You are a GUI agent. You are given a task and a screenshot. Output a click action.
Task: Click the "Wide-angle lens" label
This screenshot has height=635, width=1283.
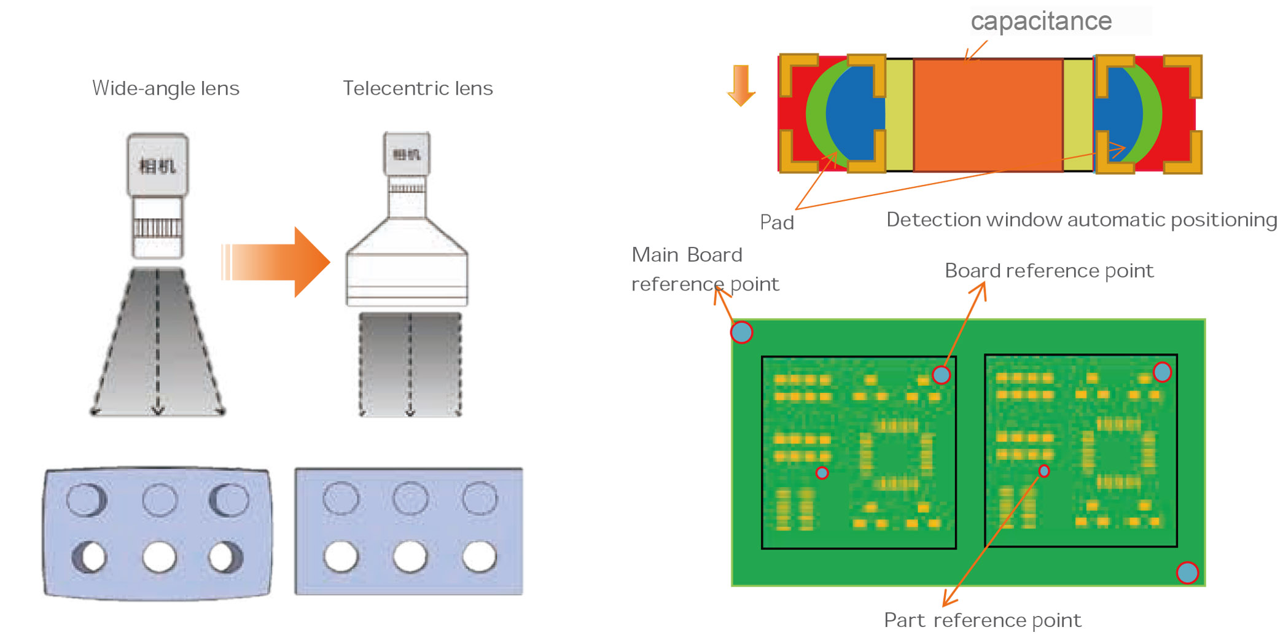pos(165,88)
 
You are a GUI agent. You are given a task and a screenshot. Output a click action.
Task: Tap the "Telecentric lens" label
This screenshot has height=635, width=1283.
pos(418,88)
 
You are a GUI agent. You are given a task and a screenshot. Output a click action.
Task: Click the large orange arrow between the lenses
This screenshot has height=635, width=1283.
pos(276,262)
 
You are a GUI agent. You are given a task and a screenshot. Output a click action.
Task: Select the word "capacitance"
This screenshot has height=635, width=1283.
pos(1041,21)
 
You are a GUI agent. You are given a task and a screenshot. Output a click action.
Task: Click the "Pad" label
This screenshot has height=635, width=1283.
pos(777,222)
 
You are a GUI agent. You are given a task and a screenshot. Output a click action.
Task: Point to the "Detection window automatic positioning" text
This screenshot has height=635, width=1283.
pos(1081,220)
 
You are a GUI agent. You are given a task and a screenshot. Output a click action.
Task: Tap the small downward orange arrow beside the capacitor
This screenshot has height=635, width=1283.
pos(741,85)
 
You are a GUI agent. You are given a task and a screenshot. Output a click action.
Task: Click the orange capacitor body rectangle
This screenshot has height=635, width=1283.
pos(988,115)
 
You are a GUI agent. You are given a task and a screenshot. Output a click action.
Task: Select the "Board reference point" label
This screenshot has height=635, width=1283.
pos(1049,271)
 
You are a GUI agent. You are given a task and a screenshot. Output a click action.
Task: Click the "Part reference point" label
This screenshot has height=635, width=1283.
pos(983,620)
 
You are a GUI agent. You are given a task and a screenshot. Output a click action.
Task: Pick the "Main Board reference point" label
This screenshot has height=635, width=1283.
pos(704,270)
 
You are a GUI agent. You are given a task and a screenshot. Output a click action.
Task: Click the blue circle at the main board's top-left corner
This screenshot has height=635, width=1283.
pos(742,332)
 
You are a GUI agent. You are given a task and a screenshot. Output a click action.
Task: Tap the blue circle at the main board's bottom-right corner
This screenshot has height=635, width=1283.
pos(1187,572)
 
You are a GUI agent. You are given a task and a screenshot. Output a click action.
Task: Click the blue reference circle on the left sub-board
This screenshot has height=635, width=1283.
pos(941,375)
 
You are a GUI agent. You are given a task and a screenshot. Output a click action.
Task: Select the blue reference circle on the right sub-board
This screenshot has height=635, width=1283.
pos(1162,372)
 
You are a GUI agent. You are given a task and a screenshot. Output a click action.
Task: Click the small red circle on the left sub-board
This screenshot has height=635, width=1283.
pos(822,473)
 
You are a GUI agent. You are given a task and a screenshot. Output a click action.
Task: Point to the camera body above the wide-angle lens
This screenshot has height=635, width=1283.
pos(158,165)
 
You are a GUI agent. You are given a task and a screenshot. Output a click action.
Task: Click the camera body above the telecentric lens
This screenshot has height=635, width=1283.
pos(407,154)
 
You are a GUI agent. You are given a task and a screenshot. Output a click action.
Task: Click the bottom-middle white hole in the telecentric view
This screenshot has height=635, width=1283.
pos(410,556)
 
